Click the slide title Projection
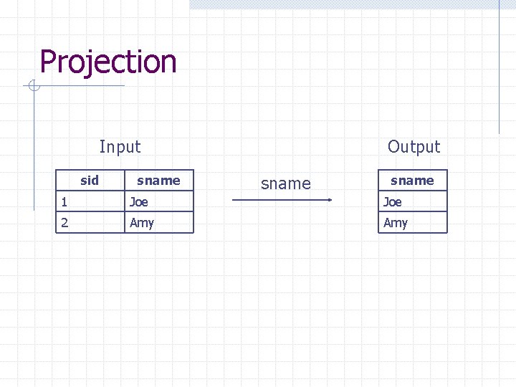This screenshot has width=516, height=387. click(107, 62)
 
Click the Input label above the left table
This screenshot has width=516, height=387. click(120, 147)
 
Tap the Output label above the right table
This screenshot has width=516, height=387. click(414, 147)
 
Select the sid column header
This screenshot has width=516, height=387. click(90, 180)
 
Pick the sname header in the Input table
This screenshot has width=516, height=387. click(158, 180)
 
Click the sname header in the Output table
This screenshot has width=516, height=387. click(412, 180)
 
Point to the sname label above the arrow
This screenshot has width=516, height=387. click(286, 183)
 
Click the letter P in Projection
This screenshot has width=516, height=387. click(49, 62)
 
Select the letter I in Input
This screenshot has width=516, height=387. click(102, 147)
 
